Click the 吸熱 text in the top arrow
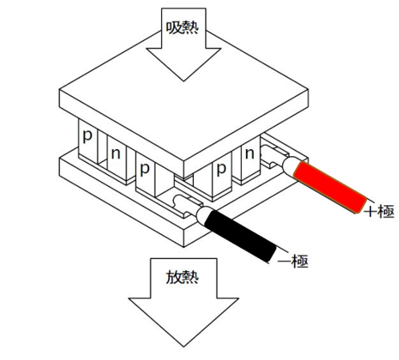(183, 27)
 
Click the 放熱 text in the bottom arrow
(183, 277)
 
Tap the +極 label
(379, 212)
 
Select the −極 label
(293, 261)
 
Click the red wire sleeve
(330, 187)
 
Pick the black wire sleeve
(240, 236)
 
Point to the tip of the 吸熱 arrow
(183, 81)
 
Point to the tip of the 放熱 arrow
(183, 346)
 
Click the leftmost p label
(87, 136)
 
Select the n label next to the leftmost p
(115, 154)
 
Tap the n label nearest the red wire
(250, 154)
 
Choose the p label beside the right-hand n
(221, 169)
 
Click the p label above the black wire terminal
(144, 169)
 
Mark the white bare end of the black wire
(204, 215)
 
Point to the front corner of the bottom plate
(183, 247)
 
